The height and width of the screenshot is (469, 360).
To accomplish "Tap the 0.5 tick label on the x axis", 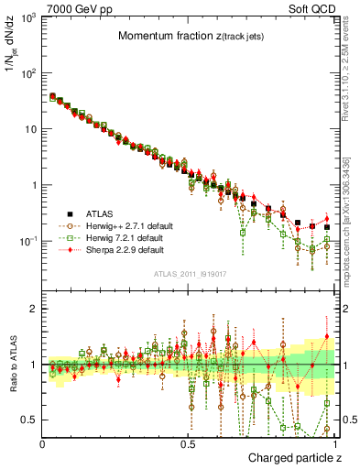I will click(x=190, y=443).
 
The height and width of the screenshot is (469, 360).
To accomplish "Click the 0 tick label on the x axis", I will click(x=43, y=443).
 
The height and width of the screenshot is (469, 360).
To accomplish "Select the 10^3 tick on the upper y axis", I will click(x=29, y=18).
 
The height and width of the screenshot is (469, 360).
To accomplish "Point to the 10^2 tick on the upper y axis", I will click(x=29, y=73).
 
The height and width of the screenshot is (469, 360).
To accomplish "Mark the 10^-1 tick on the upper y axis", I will click(x=29, y=241).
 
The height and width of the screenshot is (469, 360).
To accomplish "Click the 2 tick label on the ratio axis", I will click(x=34, y=309).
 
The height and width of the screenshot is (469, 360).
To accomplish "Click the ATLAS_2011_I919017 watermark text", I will click(x=189, y=273).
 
